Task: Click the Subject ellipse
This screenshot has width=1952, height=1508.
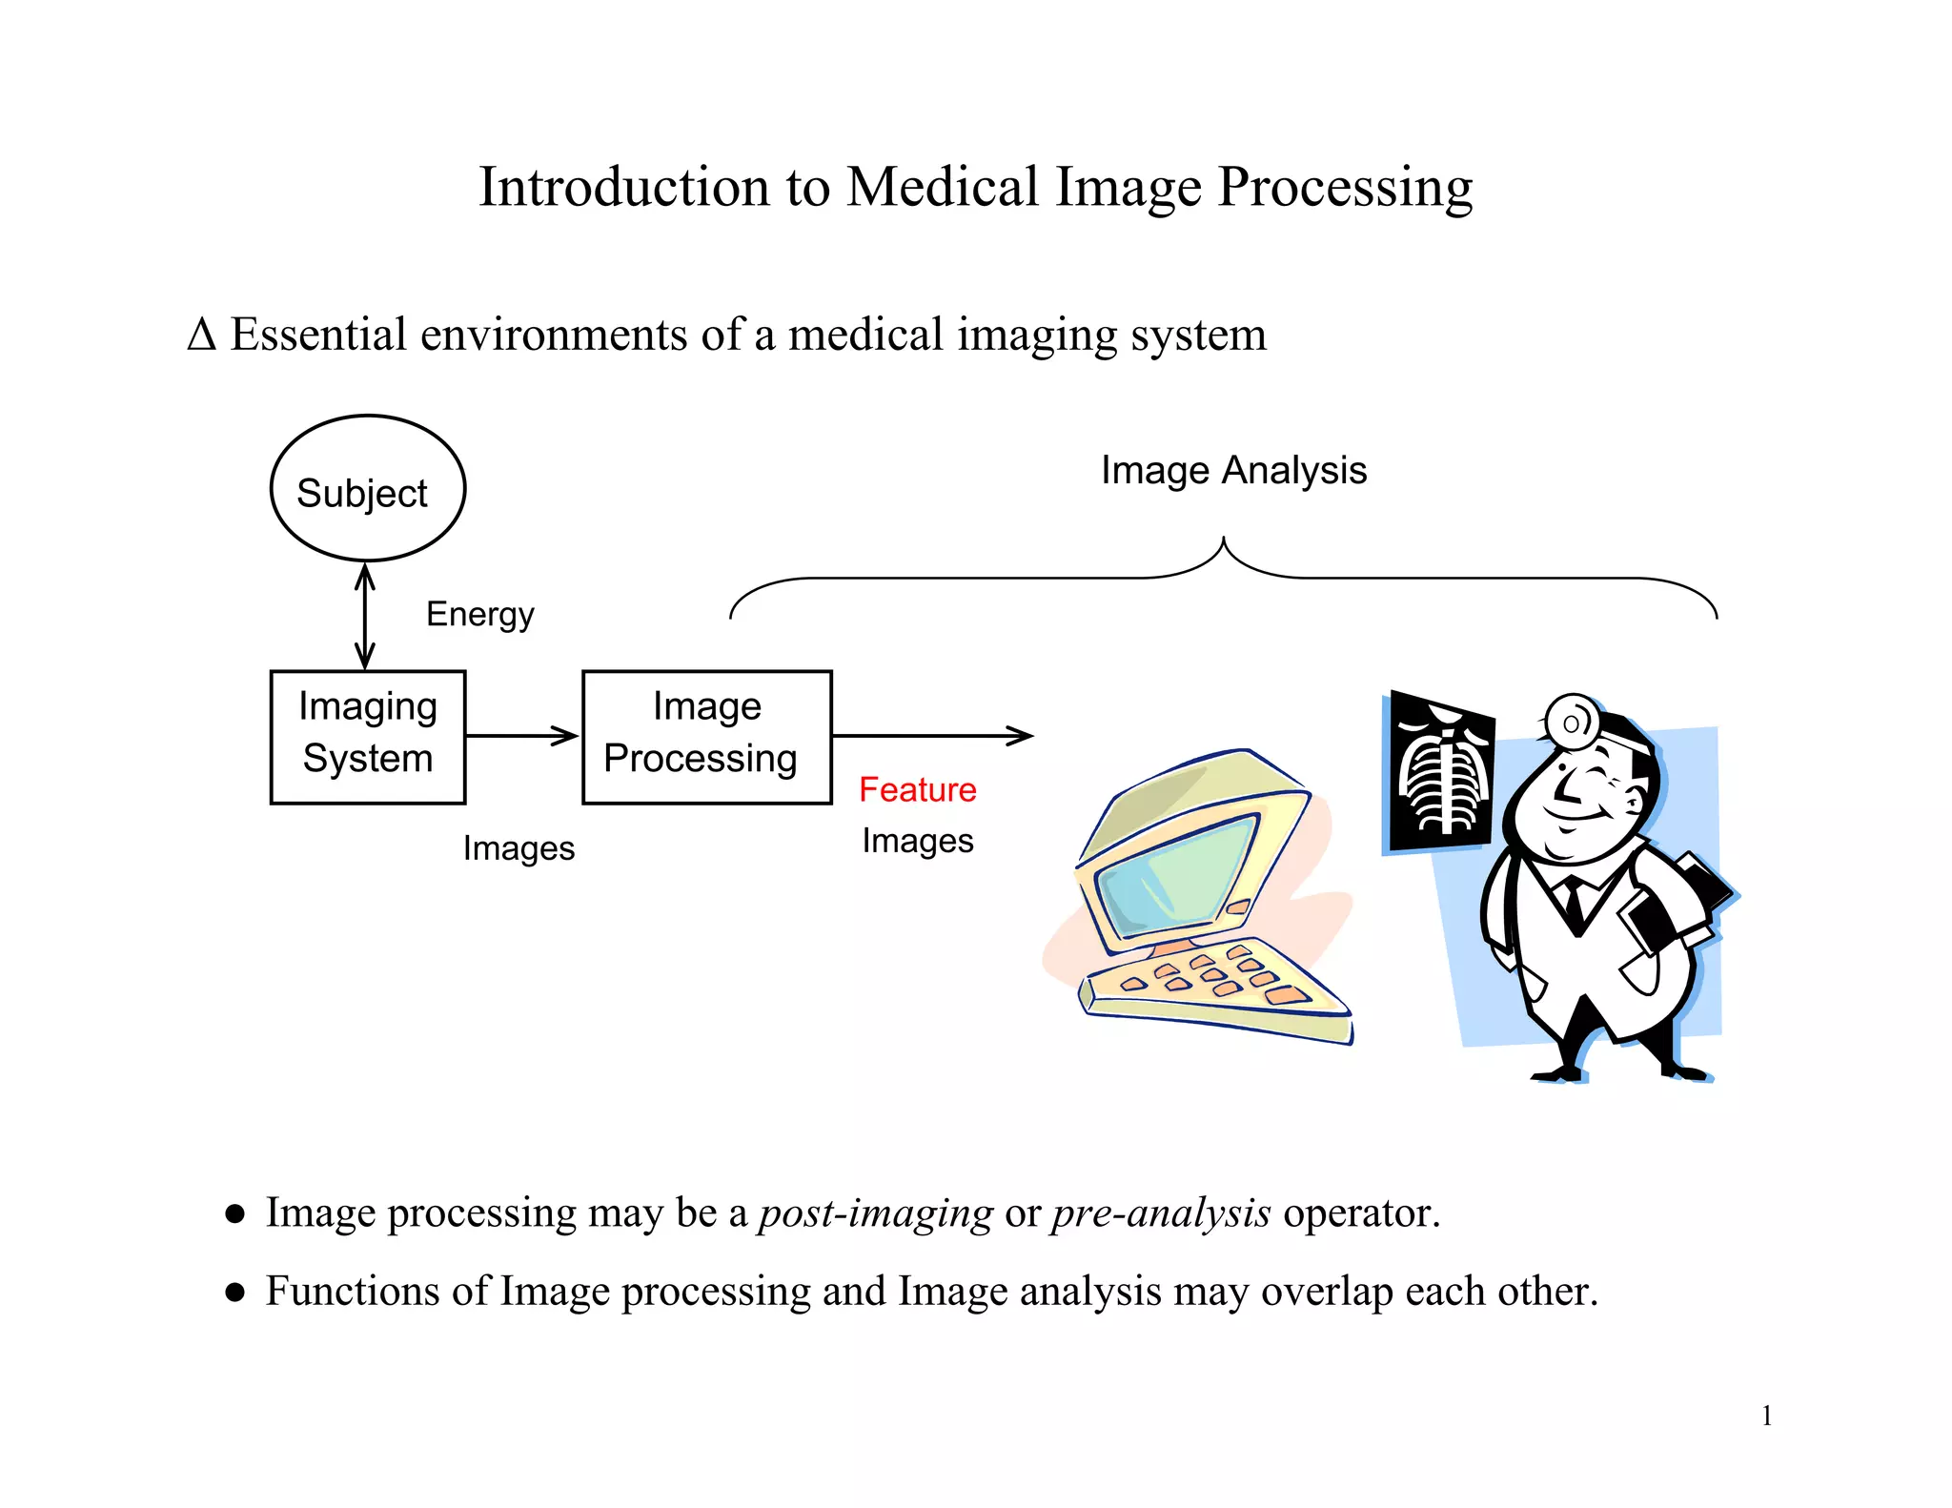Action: [368, 489]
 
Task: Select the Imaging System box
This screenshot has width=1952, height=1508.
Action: [368, 737]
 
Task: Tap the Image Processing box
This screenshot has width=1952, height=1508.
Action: [706, 737]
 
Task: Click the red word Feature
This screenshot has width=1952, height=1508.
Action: [917, 789]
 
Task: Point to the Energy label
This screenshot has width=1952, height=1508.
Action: [479, 614]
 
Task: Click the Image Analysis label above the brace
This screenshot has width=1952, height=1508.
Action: [1233, 470]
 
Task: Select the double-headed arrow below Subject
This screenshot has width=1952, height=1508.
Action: [365, 616]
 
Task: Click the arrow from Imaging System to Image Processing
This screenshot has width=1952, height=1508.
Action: [522, 735]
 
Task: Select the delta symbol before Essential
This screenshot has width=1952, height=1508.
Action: [202, 335]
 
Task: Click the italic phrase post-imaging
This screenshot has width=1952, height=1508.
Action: [875, 1213]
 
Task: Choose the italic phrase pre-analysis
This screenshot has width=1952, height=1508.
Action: [1160, 1213]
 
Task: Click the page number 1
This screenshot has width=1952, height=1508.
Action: [1766, 1416]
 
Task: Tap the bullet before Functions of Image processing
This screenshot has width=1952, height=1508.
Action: [234, 1293]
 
